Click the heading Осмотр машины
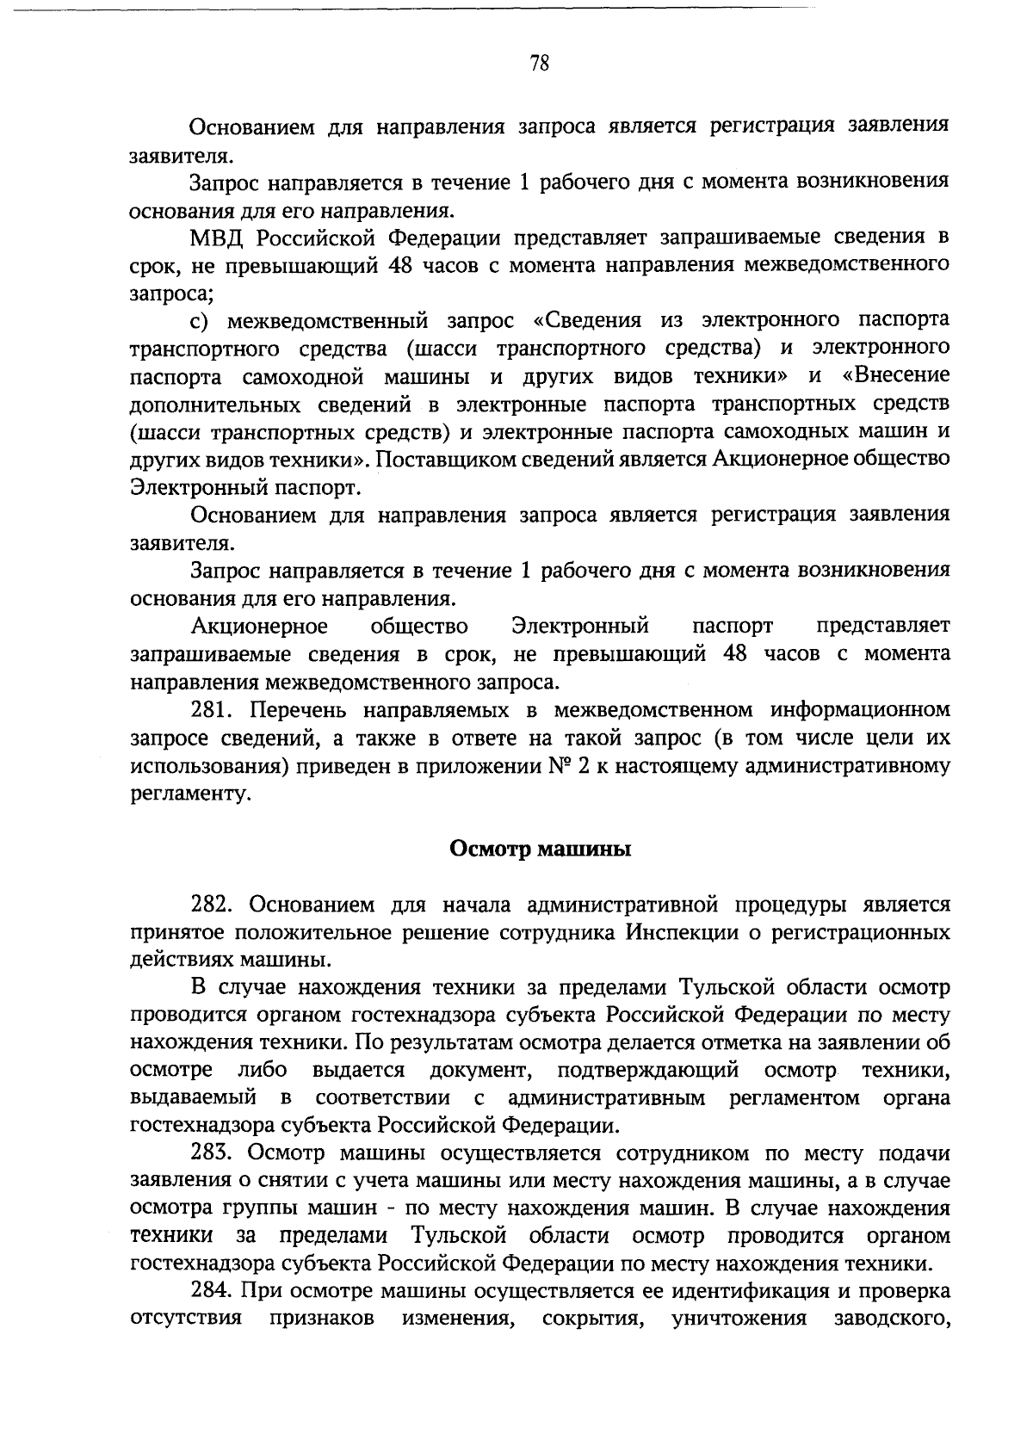pos(541,850)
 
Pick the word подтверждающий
pos(648,1071)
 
